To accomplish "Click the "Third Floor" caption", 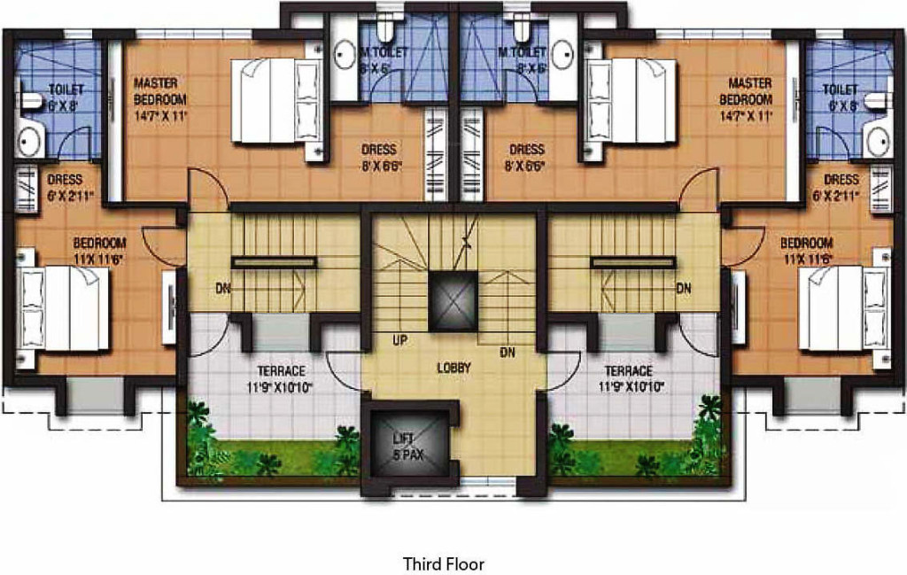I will (x=444, y=563).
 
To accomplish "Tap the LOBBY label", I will (x=453, y=368).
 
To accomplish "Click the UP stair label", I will (x=399, y=339).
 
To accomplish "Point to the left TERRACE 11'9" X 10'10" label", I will (x=281, y=378).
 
